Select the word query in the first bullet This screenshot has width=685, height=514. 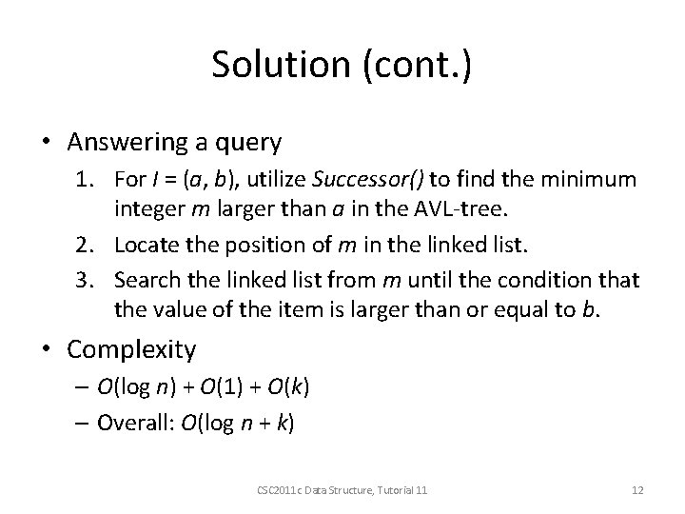[x=247, y=144]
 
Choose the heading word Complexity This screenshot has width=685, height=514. [x=131, y=349]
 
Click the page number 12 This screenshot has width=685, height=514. [x=637, y=489]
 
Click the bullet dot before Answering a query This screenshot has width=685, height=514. [x=48, y=144]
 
